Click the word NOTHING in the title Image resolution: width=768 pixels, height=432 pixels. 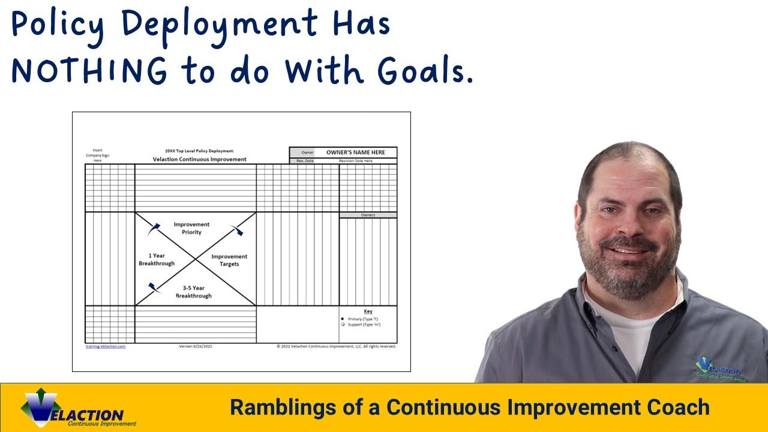click(89, 71)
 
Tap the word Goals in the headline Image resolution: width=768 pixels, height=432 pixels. click(422, 71)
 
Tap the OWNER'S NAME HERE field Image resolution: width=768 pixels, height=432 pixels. click(355, 152)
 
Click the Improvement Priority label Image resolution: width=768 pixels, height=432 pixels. click(191, 228)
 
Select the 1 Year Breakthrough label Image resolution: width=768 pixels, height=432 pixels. click(157, 259)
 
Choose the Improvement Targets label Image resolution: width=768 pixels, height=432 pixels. click(229, 260)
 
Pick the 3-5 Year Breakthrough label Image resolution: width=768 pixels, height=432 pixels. click(193, 292)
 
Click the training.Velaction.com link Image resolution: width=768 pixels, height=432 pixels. click(106, 346)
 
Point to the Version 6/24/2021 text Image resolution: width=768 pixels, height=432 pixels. click(196, 346)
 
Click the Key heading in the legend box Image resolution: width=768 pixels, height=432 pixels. click(368, 311)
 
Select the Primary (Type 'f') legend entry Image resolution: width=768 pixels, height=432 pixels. click(363, 319)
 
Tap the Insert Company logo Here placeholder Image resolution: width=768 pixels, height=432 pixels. click(97, 155)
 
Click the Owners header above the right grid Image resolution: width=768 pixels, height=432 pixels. click(368, 215)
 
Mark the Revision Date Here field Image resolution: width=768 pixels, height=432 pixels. click(355, 161)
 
